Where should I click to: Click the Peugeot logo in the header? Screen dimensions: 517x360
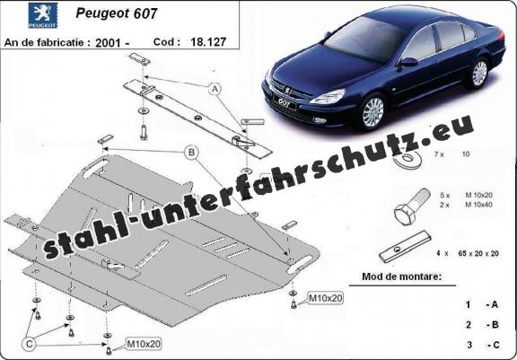tap(42, 15)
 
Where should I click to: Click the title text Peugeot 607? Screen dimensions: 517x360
tap(117, 13)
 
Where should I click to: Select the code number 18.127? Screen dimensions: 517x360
tap(208, 42)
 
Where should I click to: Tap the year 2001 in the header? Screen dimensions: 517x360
tap(108, 43)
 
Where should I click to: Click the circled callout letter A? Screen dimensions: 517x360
tap(215, 89)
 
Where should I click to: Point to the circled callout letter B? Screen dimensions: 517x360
tap(191, 153)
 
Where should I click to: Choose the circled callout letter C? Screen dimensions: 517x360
tap(29, 345)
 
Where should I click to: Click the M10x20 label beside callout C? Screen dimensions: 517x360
tap(144, 344)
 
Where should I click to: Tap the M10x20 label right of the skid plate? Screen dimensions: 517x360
tap(326, 298)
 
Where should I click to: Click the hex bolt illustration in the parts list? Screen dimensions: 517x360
tap(412, 206)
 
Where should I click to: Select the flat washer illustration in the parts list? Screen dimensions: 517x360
tap(407, 160)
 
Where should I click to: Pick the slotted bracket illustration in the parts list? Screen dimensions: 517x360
tap(405, 247)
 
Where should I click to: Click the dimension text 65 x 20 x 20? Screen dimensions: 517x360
tap(478, 253)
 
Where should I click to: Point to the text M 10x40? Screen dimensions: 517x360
tap(478, 205)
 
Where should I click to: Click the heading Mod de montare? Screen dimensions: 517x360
tap(401, 277)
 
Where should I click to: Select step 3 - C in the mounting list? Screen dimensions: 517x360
tap(482, 345)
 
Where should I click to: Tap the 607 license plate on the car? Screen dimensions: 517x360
tap(285, 103)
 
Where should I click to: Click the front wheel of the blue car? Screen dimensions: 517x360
tap(372, 112)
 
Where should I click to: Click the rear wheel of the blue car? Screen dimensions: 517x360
tap(479, 73)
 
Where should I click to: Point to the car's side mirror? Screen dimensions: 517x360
tap(408, 62)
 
